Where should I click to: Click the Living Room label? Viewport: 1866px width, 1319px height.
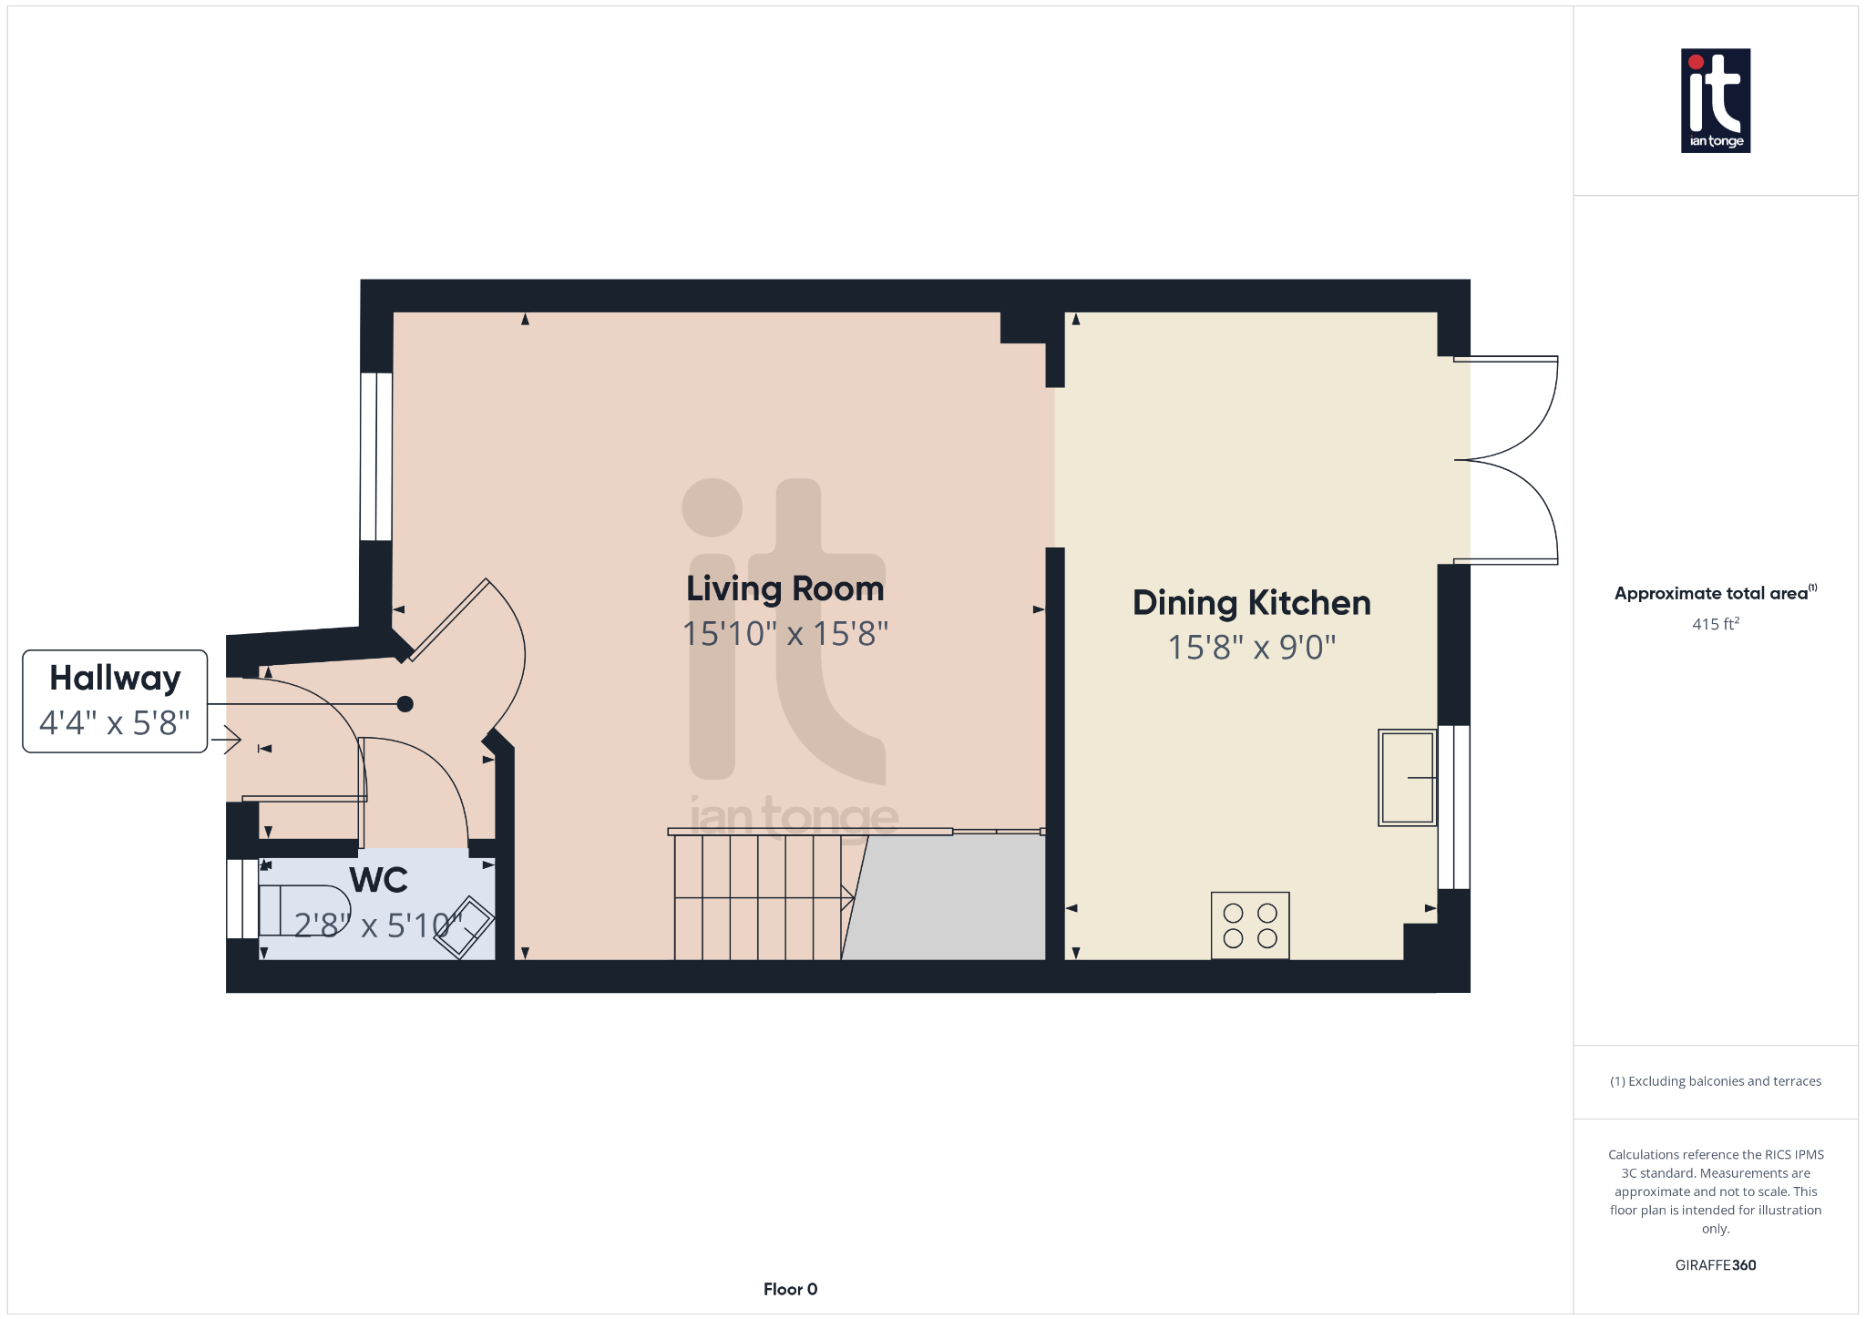(x=784, y=589)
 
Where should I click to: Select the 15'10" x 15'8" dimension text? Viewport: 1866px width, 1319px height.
(x=784, y=634)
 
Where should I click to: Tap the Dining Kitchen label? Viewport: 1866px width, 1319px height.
(x=1251, y=603)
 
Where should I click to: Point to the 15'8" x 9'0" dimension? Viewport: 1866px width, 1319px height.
(x=1251, y=648)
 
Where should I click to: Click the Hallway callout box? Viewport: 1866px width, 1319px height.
(x=115, y=700)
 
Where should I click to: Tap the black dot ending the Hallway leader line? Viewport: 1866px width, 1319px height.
(x=405, y=704)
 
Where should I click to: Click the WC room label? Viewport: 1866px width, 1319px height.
(x=378, y=881)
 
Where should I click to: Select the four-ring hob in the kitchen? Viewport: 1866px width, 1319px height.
(x=1250, y=925)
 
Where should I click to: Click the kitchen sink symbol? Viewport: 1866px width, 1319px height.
(x=1407, y=777)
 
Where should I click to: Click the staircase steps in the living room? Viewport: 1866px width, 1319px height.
(x=756, y=897)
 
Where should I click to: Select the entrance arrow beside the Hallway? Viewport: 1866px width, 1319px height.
(x=228, y=740)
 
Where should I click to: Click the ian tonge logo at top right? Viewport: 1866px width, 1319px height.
(x=1715, y=100)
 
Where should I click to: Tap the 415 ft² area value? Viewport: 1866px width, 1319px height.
(x=1715, y=624)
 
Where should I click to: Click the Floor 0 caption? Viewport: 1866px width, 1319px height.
(x=790, y=1289)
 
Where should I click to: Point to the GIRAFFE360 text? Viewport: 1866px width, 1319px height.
(x=1715, y=1265)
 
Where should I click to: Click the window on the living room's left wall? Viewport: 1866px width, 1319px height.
(x=376, y=456)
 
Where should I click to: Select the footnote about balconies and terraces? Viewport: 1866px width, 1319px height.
(x=1715, y=1081)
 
